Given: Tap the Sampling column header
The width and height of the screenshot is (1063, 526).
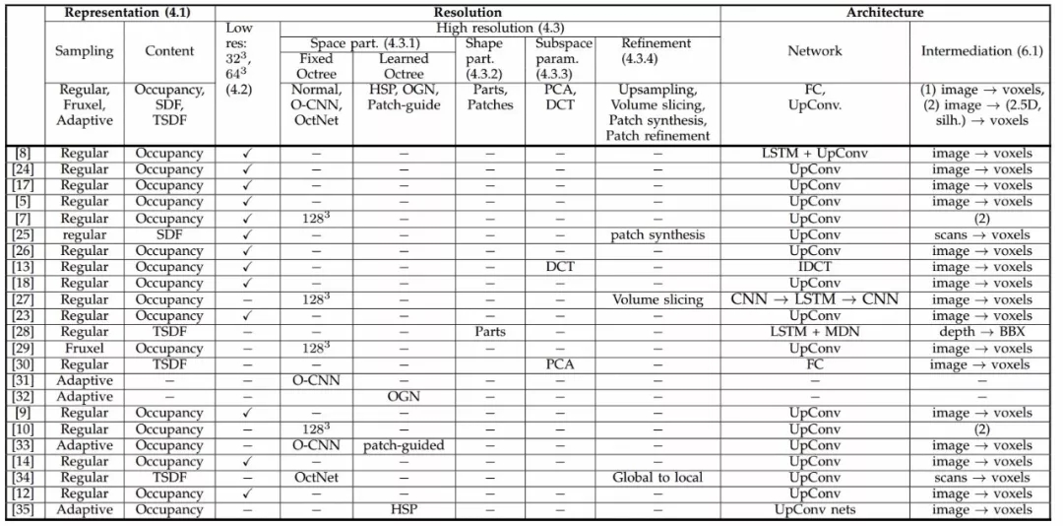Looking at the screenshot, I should (x=84, y=51).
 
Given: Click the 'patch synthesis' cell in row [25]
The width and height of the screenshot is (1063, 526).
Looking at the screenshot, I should (x=657, y=234).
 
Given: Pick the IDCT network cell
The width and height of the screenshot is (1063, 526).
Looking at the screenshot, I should (x=814, y=267).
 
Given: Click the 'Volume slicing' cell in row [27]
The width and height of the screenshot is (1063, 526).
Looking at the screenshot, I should (x=657, y=299).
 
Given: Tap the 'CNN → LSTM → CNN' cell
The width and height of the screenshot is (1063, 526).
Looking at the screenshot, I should (x=814, y=299).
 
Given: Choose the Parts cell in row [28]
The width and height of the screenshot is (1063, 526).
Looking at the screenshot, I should (x=489, y=332).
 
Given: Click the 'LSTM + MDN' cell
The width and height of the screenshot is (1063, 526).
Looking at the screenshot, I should (x=814, y=332).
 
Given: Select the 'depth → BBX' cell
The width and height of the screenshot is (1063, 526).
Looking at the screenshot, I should (x=981, y=332).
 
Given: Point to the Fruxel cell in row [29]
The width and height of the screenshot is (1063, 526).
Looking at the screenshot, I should (x=84, y=349).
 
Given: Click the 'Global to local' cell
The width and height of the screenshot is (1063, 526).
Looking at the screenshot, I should (x=657, y=478).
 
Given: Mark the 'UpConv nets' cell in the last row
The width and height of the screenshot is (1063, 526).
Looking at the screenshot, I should (x=814, y=510).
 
